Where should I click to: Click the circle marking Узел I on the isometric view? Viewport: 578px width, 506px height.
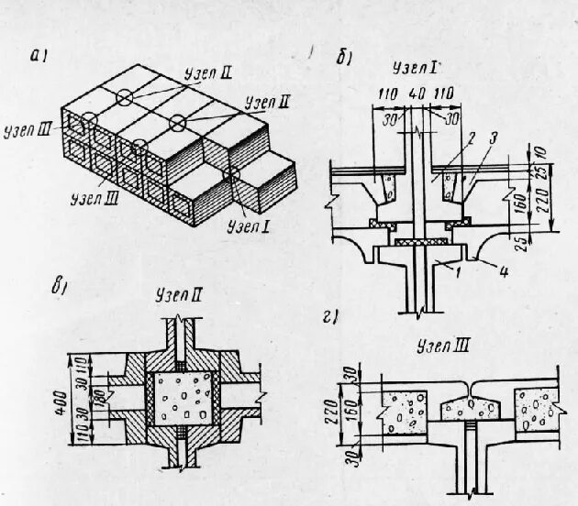point(233,173)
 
